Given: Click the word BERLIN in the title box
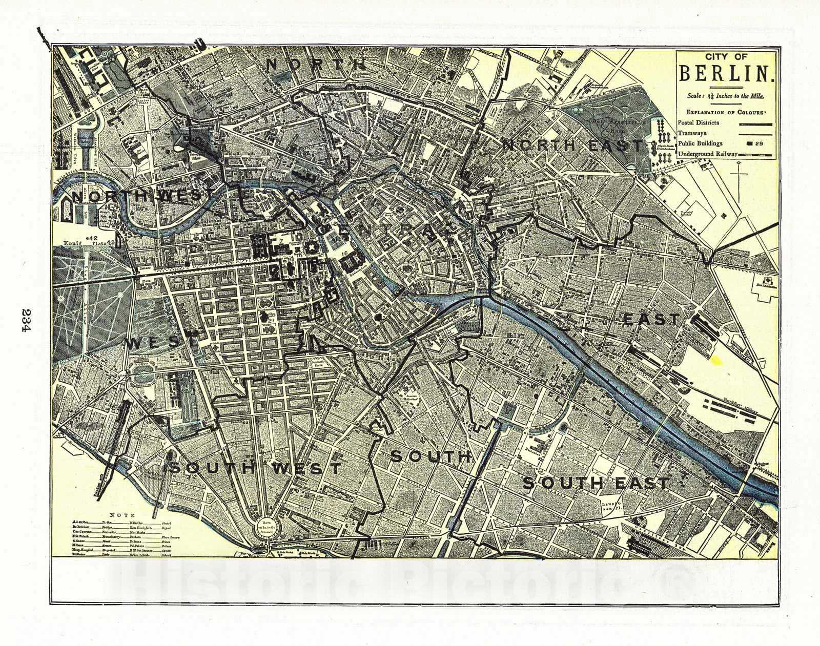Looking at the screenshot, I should (726, 73).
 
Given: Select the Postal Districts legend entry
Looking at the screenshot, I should (698, 123).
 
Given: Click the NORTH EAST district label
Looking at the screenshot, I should (571, 145).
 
